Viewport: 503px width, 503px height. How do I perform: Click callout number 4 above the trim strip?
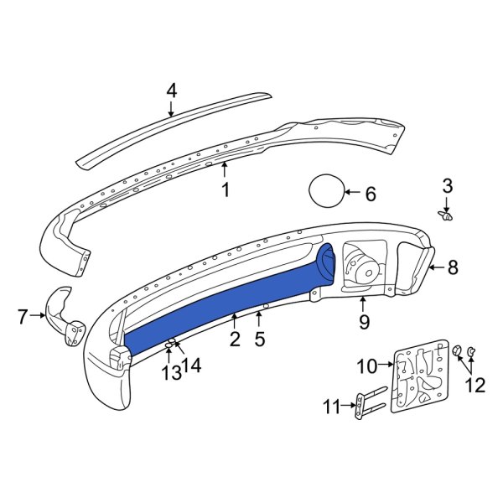(171, 90)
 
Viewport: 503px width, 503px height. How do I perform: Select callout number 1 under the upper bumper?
(225, 190)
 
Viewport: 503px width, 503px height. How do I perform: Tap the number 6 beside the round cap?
(370, 194)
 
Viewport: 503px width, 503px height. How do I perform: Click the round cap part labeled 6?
(325, 191)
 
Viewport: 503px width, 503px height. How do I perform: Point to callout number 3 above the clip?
(447, 185)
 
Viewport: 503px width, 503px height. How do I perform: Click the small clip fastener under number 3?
(447, 216)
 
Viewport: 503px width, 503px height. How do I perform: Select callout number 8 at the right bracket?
(453, 268)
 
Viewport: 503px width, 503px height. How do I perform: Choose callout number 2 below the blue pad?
(235, 339)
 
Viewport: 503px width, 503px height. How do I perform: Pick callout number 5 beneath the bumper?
(260, 339)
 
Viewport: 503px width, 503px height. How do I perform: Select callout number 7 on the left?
(23, 316)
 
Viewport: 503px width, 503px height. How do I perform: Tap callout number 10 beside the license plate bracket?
(370, 365)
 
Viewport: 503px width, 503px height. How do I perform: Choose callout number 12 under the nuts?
(474, 385)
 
